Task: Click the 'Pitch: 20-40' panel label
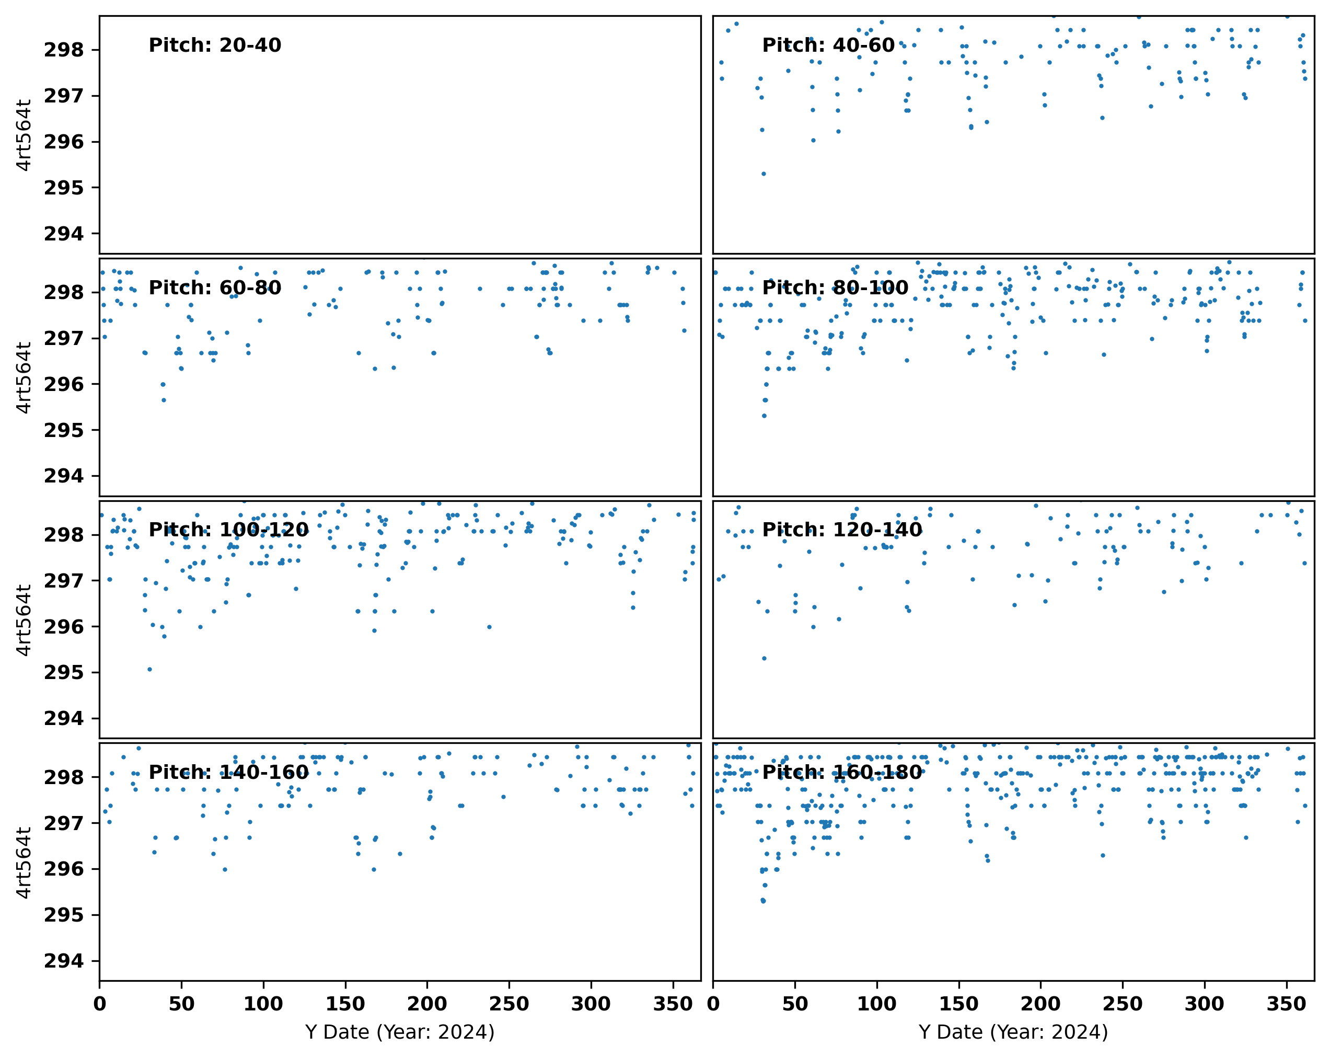[215, 45]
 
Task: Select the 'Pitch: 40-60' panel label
[828, 45]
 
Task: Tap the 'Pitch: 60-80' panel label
[215, 288]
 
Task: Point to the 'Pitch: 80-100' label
[835, 288]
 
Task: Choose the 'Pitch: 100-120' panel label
[228, 530]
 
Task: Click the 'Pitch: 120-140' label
[841, 530]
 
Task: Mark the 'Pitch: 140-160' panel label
[228, 773]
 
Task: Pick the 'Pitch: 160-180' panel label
[841, 773]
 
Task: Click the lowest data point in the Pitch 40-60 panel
[764, 174]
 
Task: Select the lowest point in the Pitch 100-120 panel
[149, 669]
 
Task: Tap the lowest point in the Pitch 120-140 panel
[764, 658]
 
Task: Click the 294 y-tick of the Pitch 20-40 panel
[64, 234]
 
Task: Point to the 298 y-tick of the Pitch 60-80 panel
[64, 292]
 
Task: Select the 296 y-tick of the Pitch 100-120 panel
[64, 627]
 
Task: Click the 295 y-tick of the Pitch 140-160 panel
[64, 915]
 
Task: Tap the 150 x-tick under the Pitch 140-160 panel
[345, 1004]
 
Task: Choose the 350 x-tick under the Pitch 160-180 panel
[1286, 1004]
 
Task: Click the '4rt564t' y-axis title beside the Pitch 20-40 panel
[24, 134]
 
